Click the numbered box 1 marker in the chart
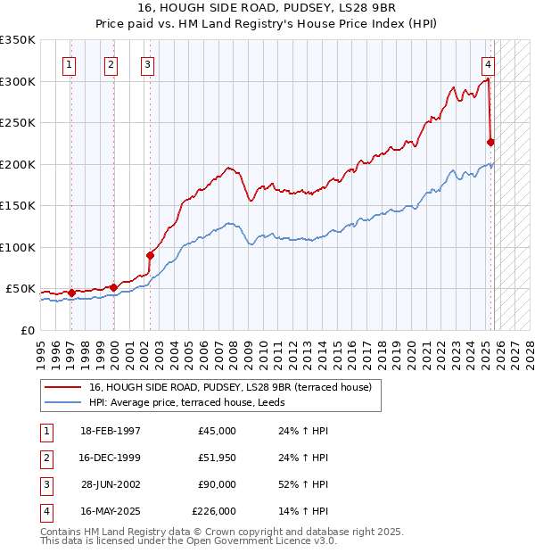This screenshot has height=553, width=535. (x=70, y=64)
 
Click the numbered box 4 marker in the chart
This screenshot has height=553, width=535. (x=489, y=64)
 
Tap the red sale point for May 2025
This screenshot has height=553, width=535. (x=490, y=142)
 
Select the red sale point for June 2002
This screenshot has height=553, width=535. (x=150, y=255)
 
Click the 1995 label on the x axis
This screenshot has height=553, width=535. (x=40, y=351)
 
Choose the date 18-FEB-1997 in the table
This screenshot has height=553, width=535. (x=111, y=431)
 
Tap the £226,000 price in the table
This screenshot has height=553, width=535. (x=214, y=511)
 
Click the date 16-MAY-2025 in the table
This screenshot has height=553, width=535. (x=111, y=511)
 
